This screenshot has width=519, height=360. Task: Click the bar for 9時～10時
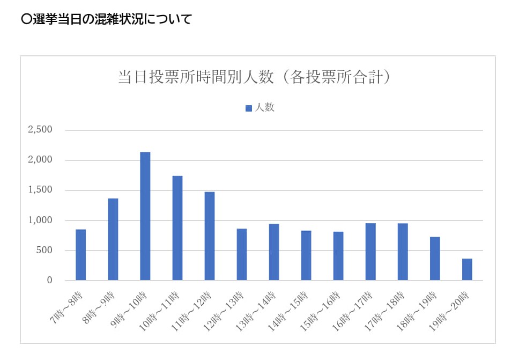[145, 216]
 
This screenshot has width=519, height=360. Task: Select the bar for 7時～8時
[80, 255]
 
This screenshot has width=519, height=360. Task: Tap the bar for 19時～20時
[467, 269]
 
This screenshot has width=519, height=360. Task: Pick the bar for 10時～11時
[177, 228]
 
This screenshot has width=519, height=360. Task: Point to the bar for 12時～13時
[242, 254]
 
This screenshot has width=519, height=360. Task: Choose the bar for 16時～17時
[370, 252]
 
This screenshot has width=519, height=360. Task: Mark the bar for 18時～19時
[435, 259]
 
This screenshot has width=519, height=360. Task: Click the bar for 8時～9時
[113, 239]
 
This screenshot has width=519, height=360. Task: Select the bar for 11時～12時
[209, 236]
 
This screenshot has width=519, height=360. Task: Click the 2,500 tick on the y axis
[40, 130]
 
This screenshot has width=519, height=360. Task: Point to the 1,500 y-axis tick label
[40, 190]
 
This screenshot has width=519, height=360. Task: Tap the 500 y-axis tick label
[44, 251]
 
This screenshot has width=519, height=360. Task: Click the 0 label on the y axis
[49, 281]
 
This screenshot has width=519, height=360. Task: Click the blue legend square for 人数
[248, 108]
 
